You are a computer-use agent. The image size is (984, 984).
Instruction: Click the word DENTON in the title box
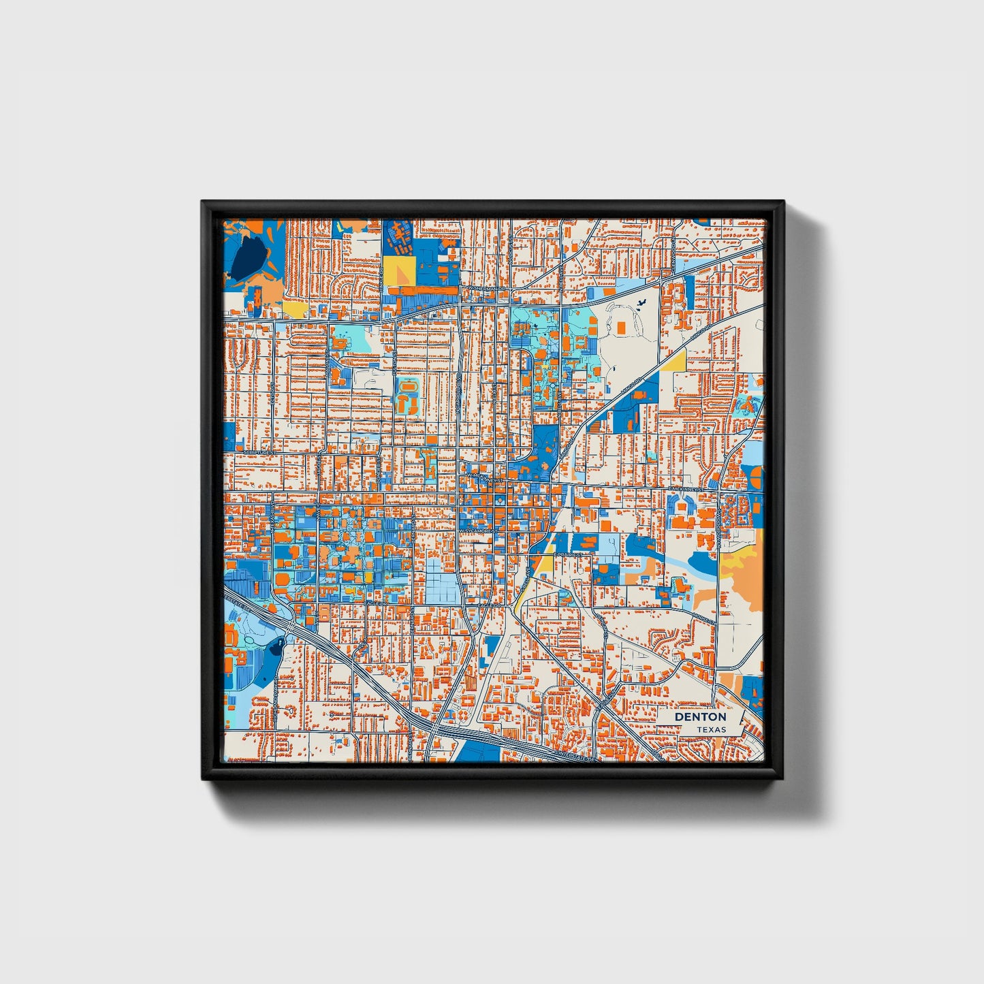coord(700,717)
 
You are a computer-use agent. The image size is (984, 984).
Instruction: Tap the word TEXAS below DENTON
coord(711,729)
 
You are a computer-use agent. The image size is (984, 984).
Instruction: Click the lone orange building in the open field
coord(621,328)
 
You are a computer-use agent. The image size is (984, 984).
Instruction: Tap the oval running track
coord(408,387)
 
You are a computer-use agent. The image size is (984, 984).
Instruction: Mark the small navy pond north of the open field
coord(641,305)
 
